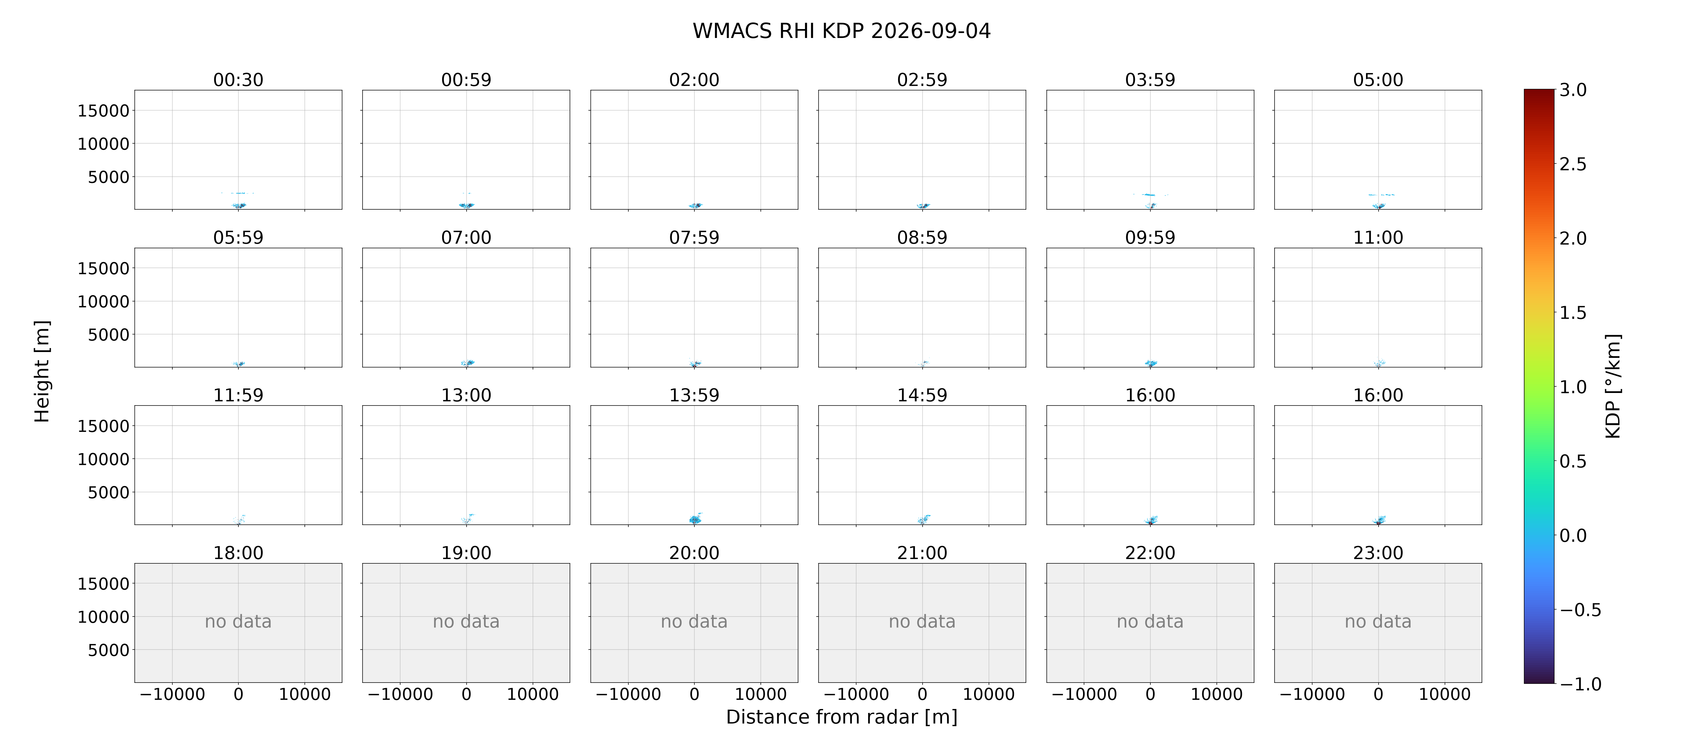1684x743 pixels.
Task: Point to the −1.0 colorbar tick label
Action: coord(1580,684)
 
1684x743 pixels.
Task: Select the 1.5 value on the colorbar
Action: coord(1573,313)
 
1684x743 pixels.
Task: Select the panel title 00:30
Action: coord(238,80)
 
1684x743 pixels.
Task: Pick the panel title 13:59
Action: coord(694,395)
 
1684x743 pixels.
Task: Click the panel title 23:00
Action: coord(1378,553)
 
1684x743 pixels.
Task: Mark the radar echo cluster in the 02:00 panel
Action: coord(695,205)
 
